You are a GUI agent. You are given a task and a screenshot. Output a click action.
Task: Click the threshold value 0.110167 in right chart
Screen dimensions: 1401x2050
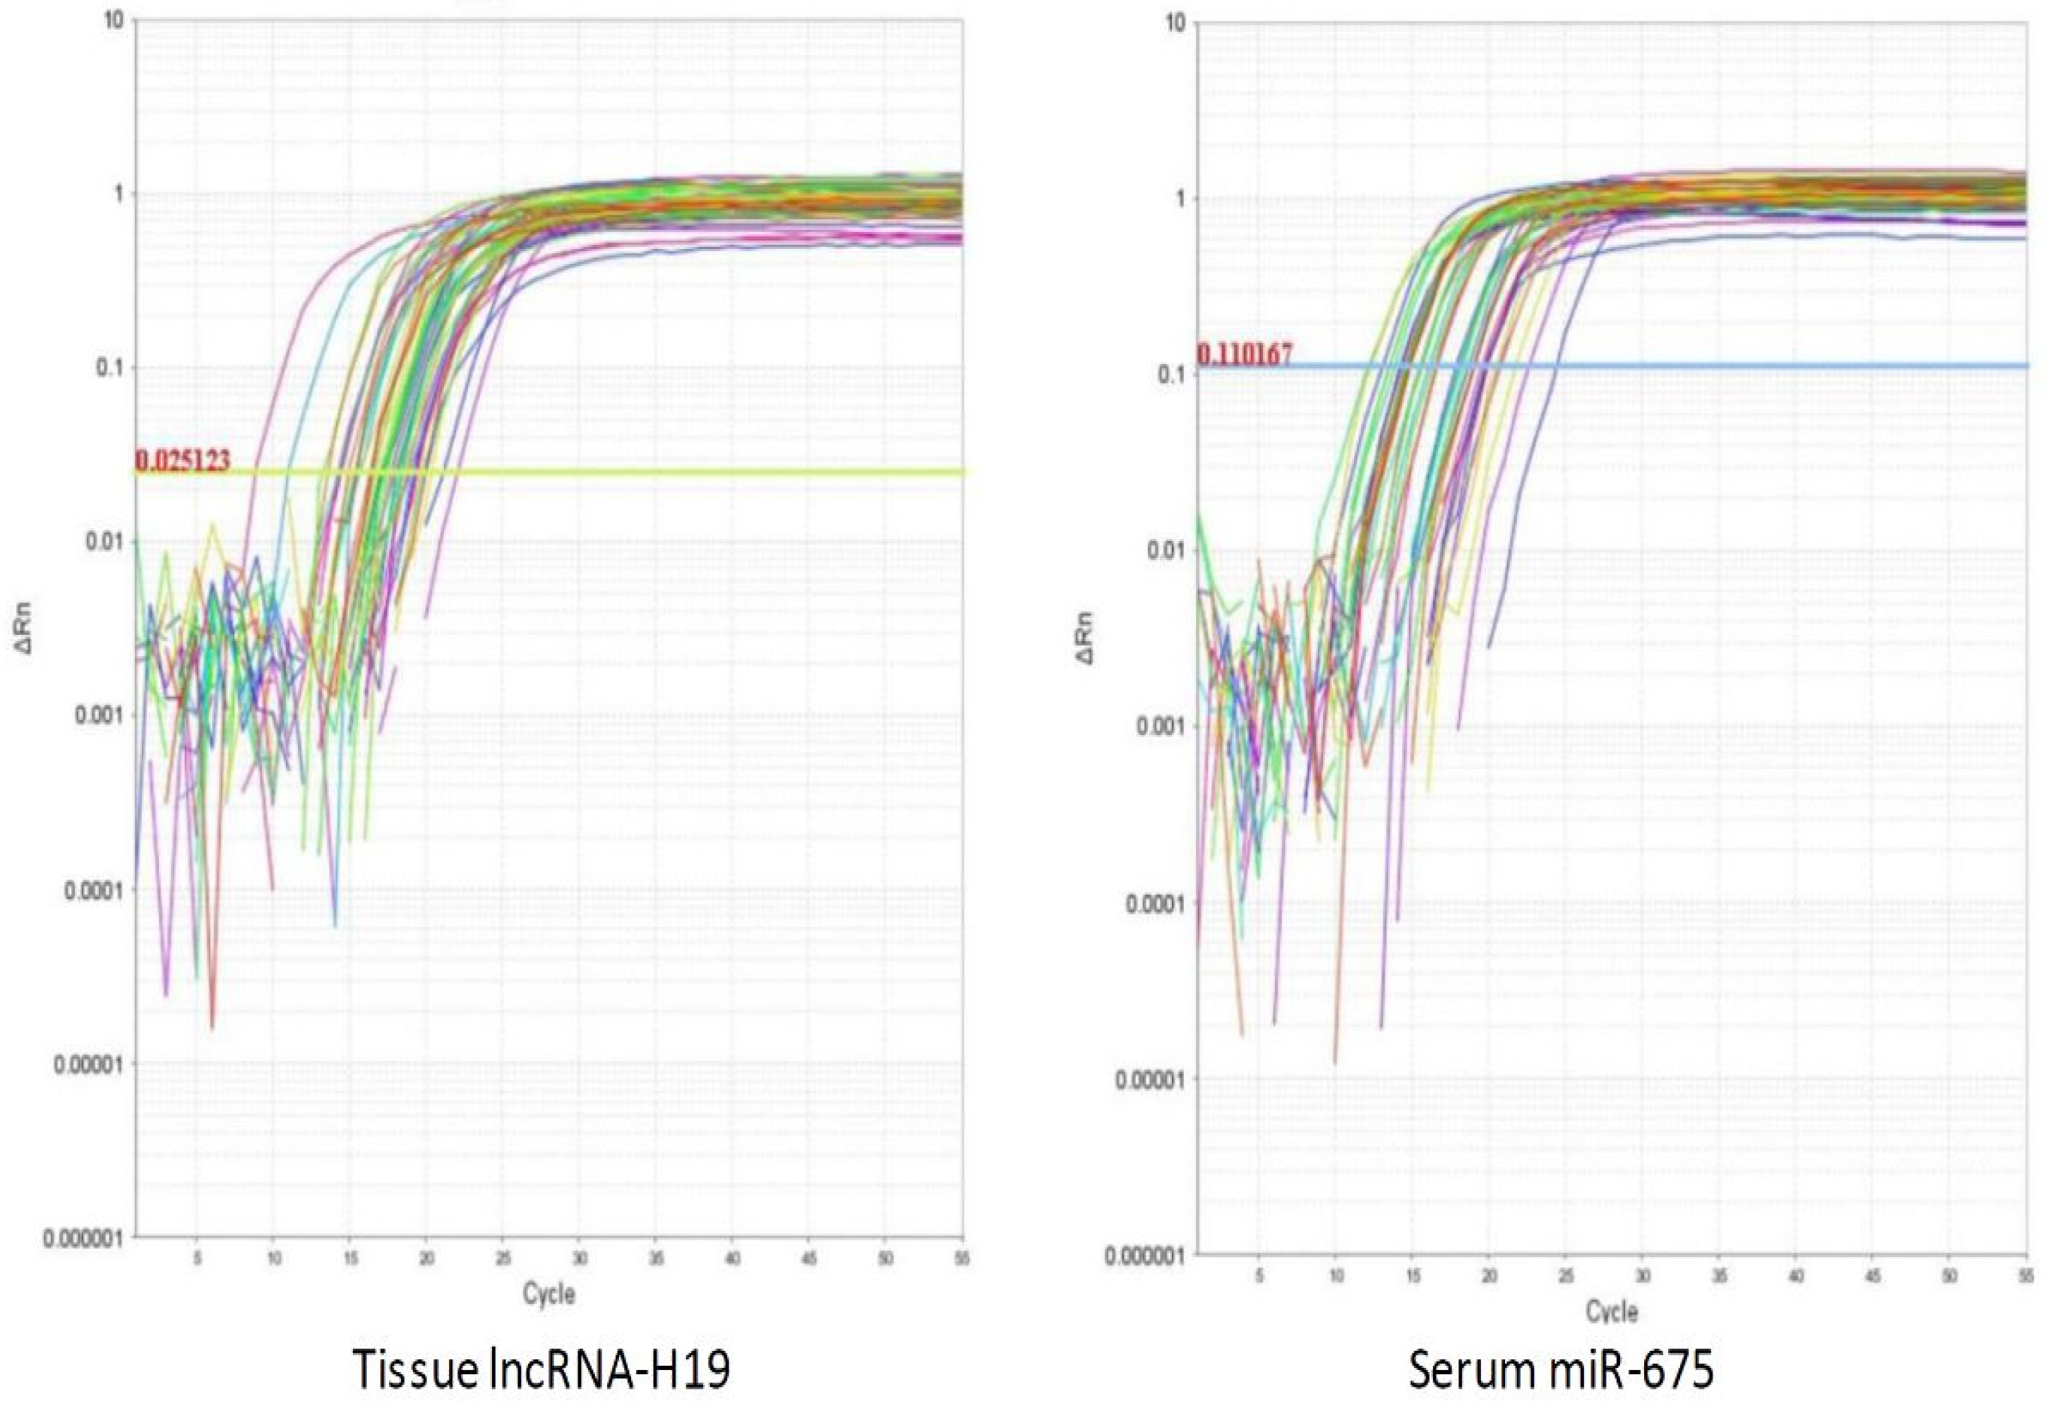pyautogui.click(x=1245, y=356)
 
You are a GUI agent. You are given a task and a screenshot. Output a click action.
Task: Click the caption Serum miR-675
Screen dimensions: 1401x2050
pyautogui.click(x=1562, y=1369)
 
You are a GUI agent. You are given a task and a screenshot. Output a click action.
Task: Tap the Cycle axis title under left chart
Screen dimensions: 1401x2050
pyautogui.click(x=548, y=1294)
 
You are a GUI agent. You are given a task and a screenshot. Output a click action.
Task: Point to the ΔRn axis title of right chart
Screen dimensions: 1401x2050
pyautogui.click(x=1090, y=638)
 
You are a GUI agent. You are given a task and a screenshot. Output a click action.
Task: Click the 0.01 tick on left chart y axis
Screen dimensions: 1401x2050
pyautogui.click(x=104, y=541)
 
